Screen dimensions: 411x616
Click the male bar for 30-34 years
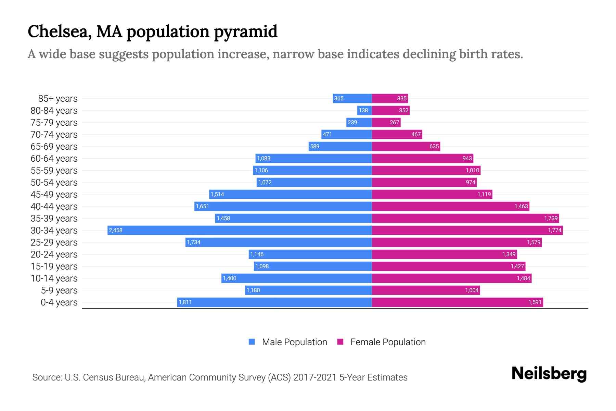pyautogui.click(x=240, y=230)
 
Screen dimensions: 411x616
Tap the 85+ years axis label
pyautogui.click(x=58, y=99)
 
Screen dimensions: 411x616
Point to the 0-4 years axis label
pyautogui.click(x=59, y=302)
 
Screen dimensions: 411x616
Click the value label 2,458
pyautogui.click(x=116, y=231)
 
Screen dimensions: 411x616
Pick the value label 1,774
pyautogui.click(x=554, y=231)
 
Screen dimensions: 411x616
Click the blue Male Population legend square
pyautogui.click(x=252, y=342)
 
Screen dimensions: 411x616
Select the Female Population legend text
pyautogui.click(x=388, y=342)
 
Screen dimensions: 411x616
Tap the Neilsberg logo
pyautogui.click(x=549, y=374)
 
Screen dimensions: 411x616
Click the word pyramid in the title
pyautogui.click(x=245, y=32)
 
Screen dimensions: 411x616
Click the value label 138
pyautogui.click(x=363, y=110)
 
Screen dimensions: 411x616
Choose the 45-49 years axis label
pyautogui.click(x=54, y=195)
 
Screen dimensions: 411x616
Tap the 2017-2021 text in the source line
pyautogui.click(x=315, y=377)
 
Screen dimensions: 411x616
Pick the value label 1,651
pyautogui.click(x=202, y=207)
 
